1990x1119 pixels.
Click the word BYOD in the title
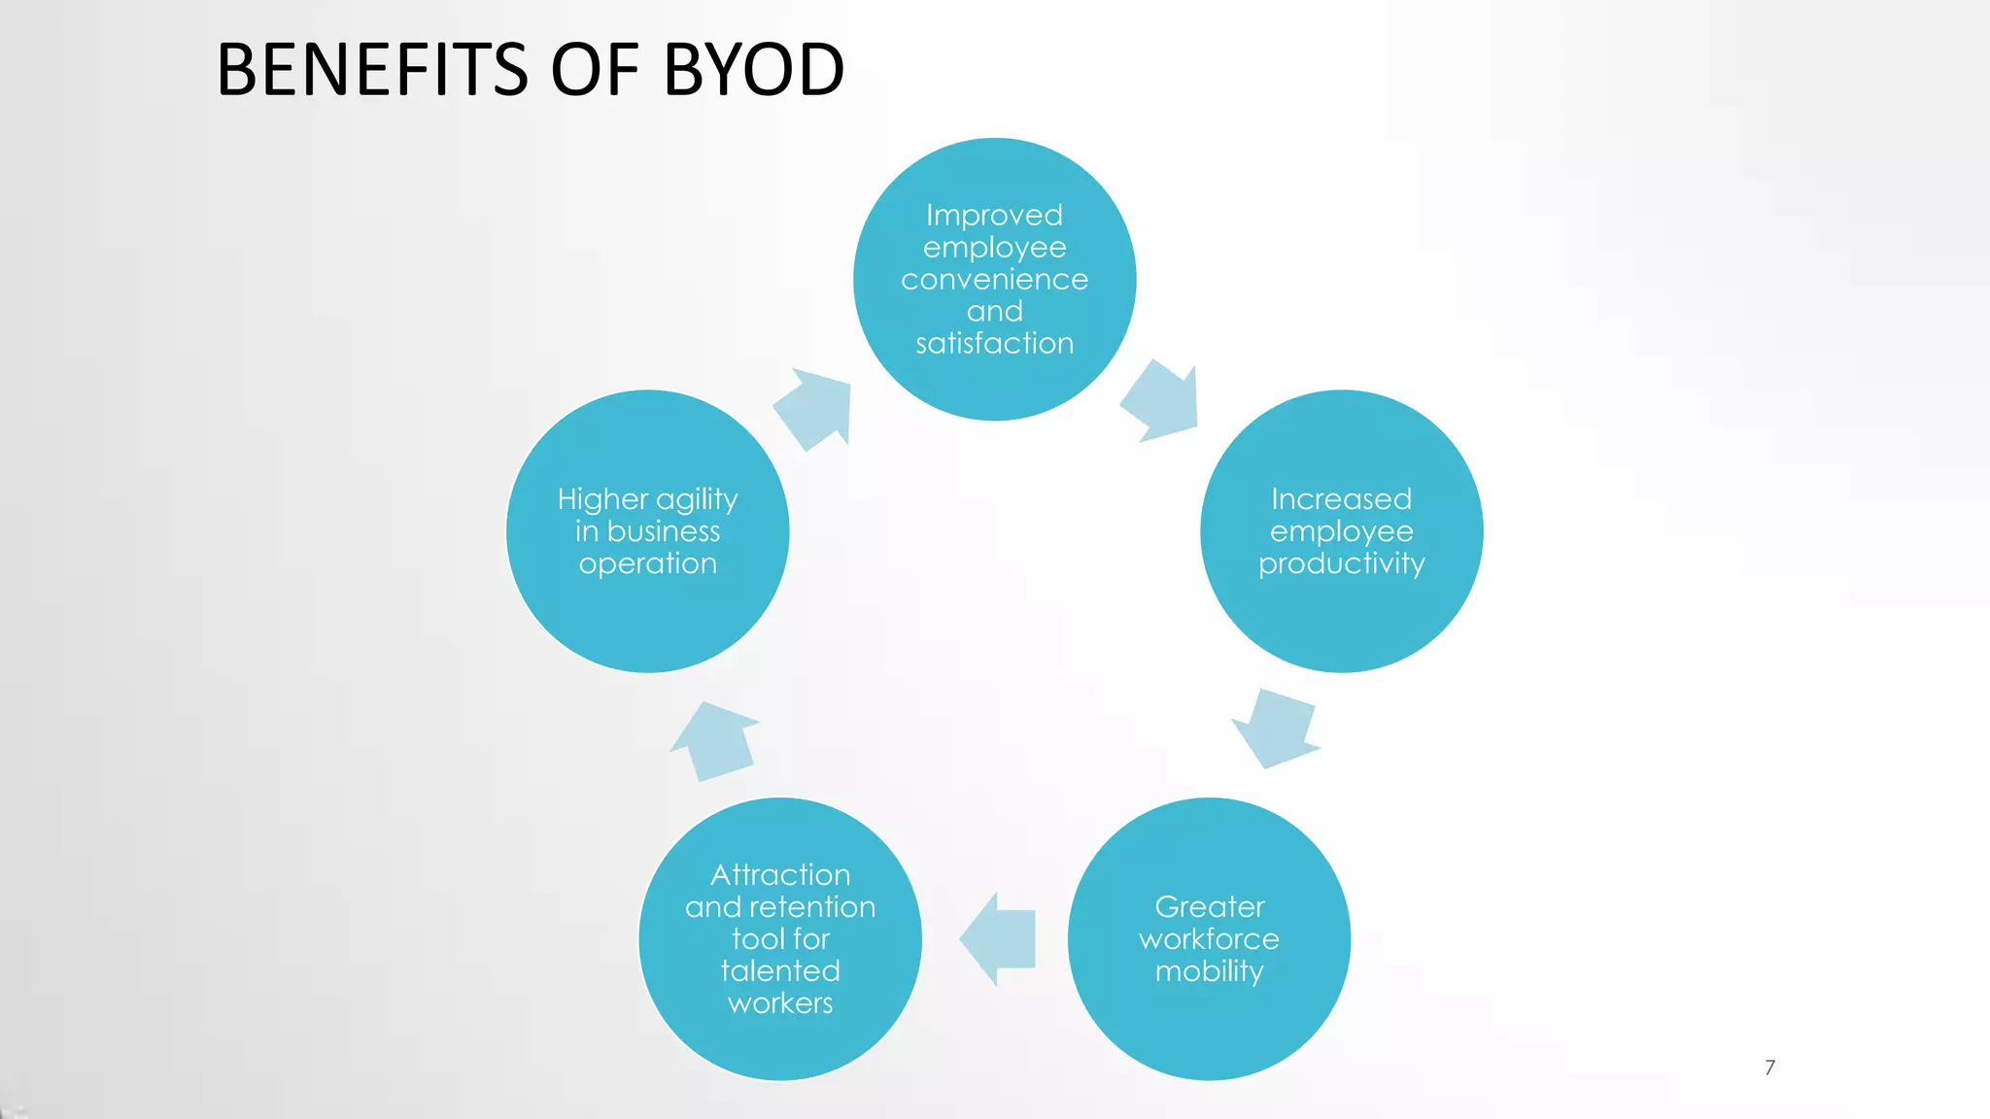753,70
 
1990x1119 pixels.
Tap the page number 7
1769,1068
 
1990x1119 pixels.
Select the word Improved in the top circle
994,215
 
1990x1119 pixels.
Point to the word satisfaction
994,343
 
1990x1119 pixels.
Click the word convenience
994,280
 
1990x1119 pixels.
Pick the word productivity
1341,563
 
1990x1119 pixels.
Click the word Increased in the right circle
1341,499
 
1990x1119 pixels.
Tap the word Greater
1209,907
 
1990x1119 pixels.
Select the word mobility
1209,971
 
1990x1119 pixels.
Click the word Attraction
780,875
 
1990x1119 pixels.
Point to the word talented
780,971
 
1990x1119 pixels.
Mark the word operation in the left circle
647,563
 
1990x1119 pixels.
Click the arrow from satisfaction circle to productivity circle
1162,401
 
